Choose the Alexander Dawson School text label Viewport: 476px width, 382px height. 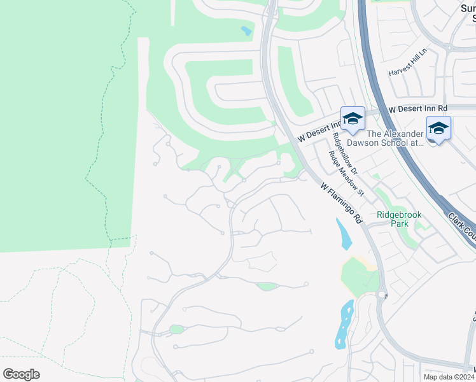395,138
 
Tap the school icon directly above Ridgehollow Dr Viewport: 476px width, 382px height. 353,118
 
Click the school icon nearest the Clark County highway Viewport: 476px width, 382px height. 438,129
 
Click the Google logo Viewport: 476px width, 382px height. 21,374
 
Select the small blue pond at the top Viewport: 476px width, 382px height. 246,30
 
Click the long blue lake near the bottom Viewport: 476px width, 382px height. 344,324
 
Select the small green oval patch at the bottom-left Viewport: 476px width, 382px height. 176,329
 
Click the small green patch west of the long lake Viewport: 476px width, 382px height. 267,286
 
